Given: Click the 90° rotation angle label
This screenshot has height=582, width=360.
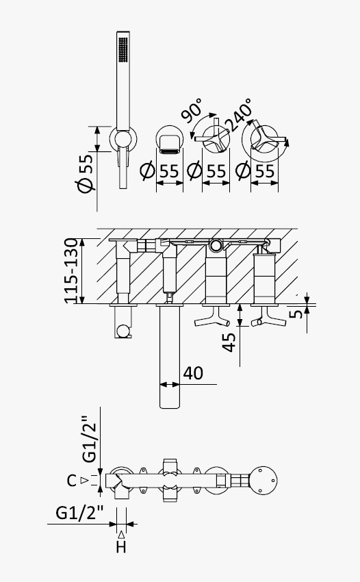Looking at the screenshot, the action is click(192, 110).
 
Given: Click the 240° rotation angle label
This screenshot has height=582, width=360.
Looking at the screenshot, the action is click(240, 115).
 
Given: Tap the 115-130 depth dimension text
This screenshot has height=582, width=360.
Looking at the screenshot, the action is click(72, 270).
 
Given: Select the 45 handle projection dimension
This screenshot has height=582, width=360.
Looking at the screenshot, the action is click(229, 342).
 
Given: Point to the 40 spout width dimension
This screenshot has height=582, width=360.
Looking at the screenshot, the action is click(193, 373).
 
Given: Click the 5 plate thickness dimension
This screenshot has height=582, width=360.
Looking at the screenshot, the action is click(296, 314).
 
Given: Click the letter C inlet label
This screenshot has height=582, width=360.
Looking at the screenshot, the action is click(72, 481).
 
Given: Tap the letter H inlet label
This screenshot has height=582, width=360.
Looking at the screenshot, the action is click(121, 547).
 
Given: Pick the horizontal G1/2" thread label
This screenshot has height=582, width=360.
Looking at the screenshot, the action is click(79, 513).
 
